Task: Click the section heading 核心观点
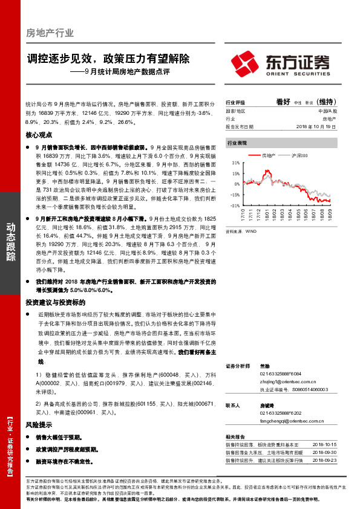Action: tap(40, 135)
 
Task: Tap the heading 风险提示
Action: tap(40, 424)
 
